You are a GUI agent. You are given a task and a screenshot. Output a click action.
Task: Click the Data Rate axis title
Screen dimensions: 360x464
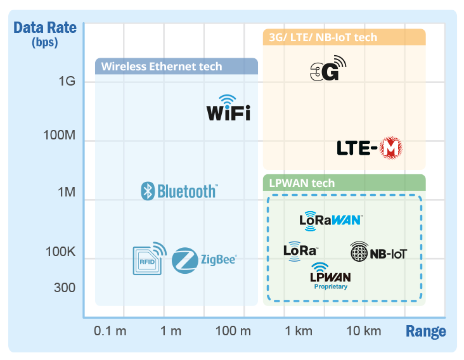[44, 29]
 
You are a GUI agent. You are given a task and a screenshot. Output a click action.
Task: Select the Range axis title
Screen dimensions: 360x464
[425, 331]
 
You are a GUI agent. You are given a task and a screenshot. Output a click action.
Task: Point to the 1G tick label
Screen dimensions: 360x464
[67, 81]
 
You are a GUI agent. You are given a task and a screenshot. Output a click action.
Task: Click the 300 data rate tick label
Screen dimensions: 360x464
[64, 288]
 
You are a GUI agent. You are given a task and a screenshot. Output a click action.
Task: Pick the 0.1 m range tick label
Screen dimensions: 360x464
[110, 331]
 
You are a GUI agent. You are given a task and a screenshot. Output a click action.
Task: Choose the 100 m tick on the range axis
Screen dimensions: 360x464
[233, 331]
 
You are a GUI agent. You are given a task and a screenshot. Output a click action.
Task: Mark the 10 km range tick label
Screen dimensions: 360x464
[363, 331]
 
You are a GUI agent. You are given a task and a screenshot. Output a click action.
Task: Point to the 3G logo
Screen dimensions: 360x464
[328, 68]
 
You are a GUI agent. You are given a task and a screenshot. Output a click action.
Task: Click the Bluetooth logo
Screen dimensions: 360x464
[179, 191]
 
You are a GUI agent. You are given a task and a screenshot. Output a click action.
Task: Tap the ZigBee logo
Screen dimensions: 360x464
[204, 259]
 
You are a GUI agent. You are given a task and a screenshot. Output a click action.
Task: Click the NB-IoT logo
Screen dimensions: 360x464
[378, 253]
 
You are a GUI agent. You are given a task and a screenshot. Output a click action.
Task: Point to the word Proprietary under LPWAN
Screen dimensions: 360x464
[331, 286]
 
